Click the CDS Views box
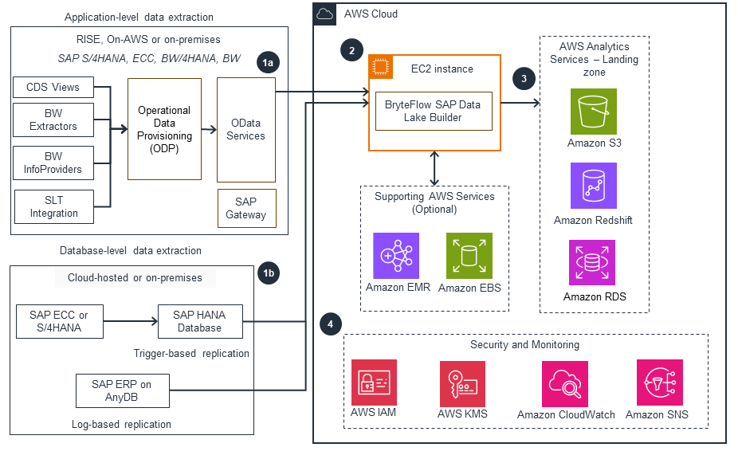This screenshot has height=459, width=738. (53, 88)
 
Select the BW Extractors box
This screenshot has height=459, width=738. (54, 120)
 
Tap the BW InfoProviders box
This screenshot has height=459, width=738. (54, 163)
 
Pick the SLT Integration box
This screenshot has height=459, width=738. (54, 207)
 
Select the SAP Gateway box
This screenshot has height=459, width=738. (246, 208)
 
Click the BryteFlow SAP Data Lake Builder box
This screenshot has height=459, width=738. (434, 112)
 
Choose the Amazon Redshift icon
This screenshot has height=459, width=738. (594, 186)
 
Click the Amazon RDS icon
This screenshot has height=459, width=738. (594, 262)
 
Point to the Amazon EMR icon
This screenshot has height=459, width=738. (396, 256)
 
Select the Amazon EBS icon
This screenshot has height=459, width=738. (469, 256)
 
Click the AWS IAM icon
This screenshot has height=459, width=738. (374, 382)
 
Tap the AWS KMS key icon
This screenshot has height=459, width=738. (462, 383)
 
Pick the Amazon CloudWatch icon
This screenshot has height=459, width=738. (564, 383)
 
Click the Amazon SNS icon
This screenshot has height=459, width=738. (659, 382)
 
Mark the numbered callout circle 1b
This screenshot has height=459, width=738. (271, 273)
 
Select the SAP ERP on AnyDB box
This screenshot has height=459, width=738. (123, 390)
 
